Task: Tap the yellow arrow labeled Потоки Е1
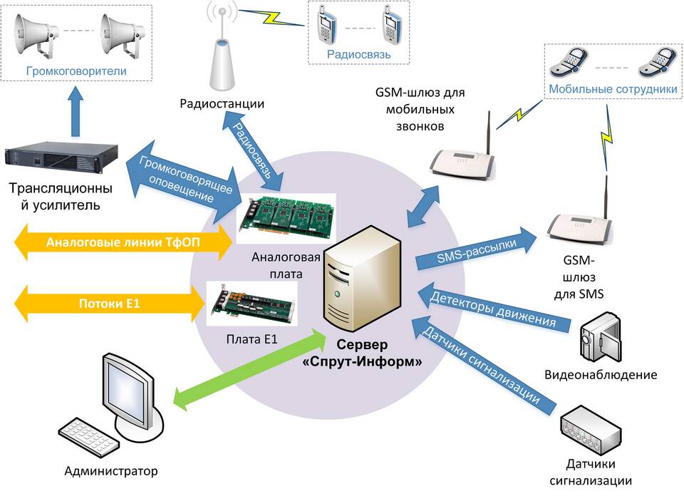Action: (109, 304)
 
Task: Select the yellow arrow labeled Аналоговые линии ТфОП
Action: (123, 242)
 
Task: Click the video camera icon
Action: (601, 336)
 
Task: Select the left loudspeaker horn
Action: (36, 36)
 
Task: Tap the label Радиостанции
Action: (222, 104)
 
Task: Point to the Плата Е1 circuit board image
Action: (252, 304)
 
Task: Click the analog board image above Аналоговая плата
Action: (286, 218)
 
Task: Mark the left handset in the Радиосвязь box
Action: (326, 26)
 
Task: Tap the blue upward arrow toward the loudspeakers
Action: (76, 111)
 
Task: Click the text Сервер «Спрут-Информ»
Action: (363, 353)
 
